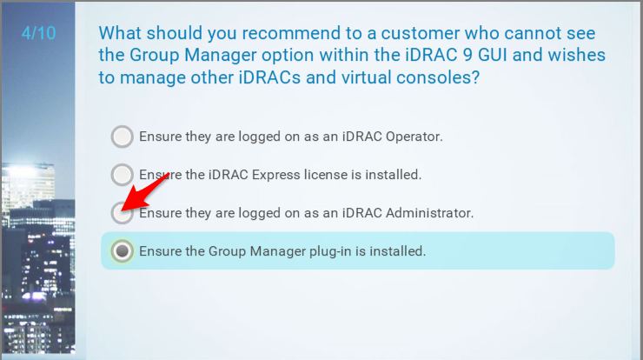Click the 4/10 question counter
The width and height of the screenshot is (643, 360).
[38, 33]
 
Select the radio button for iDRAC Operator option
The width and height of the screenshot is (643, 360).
[122, 137]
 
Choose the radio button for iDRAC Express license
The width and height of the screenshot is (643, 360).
[122, 175]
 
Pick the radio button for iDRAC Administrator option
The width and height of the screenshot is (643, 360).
[122, 213]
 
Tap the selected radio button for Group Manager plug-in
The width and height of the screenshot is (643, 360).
[122, 250]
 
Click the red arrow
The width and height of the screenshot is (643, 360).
[146, 191]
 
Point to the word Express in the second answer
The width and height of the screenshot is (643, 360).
[275, 175]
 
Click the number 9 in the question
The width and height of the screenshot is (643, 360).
[467, 55]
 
